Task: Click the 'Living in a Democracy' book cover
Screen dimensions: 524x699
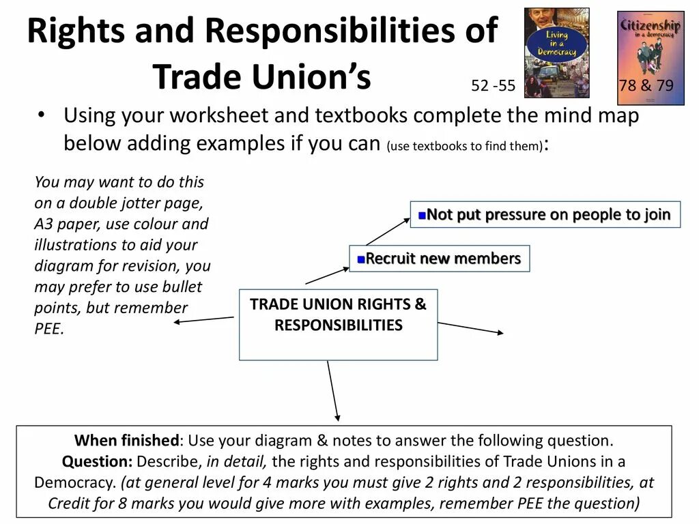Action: pos(556,53)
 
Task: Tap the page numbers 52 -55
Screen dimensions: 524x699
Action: pos(493,86)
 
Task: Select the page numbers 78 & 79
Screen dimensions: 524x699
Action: pos(646,86)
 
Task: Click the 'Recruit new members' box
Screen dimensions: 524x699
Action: pos(439,259)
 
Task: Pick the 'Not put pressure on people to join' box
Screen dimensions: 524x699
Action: pos(545,215)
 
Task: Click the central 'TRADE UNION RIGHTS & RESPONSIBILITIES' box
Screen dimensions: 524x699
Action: pos(338,324)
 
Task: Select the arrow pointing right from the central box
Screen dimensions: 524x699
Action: pos(470,328)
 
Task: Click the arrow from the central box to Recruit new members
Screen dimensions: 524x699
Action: pos(327,275)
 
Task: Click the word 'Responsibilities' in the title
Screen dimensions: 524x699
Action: pos(352,31)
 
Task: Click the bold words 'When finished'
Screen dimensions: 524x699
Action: pos(126,440)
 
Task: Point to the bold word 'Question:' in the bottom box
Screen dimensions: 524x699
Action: pos(98,461)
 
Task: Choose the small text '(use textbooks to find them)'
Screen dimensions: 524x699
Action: pos(465,146)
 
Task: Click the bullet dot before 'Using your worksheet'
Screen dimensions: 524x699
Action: pos(42,115)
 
